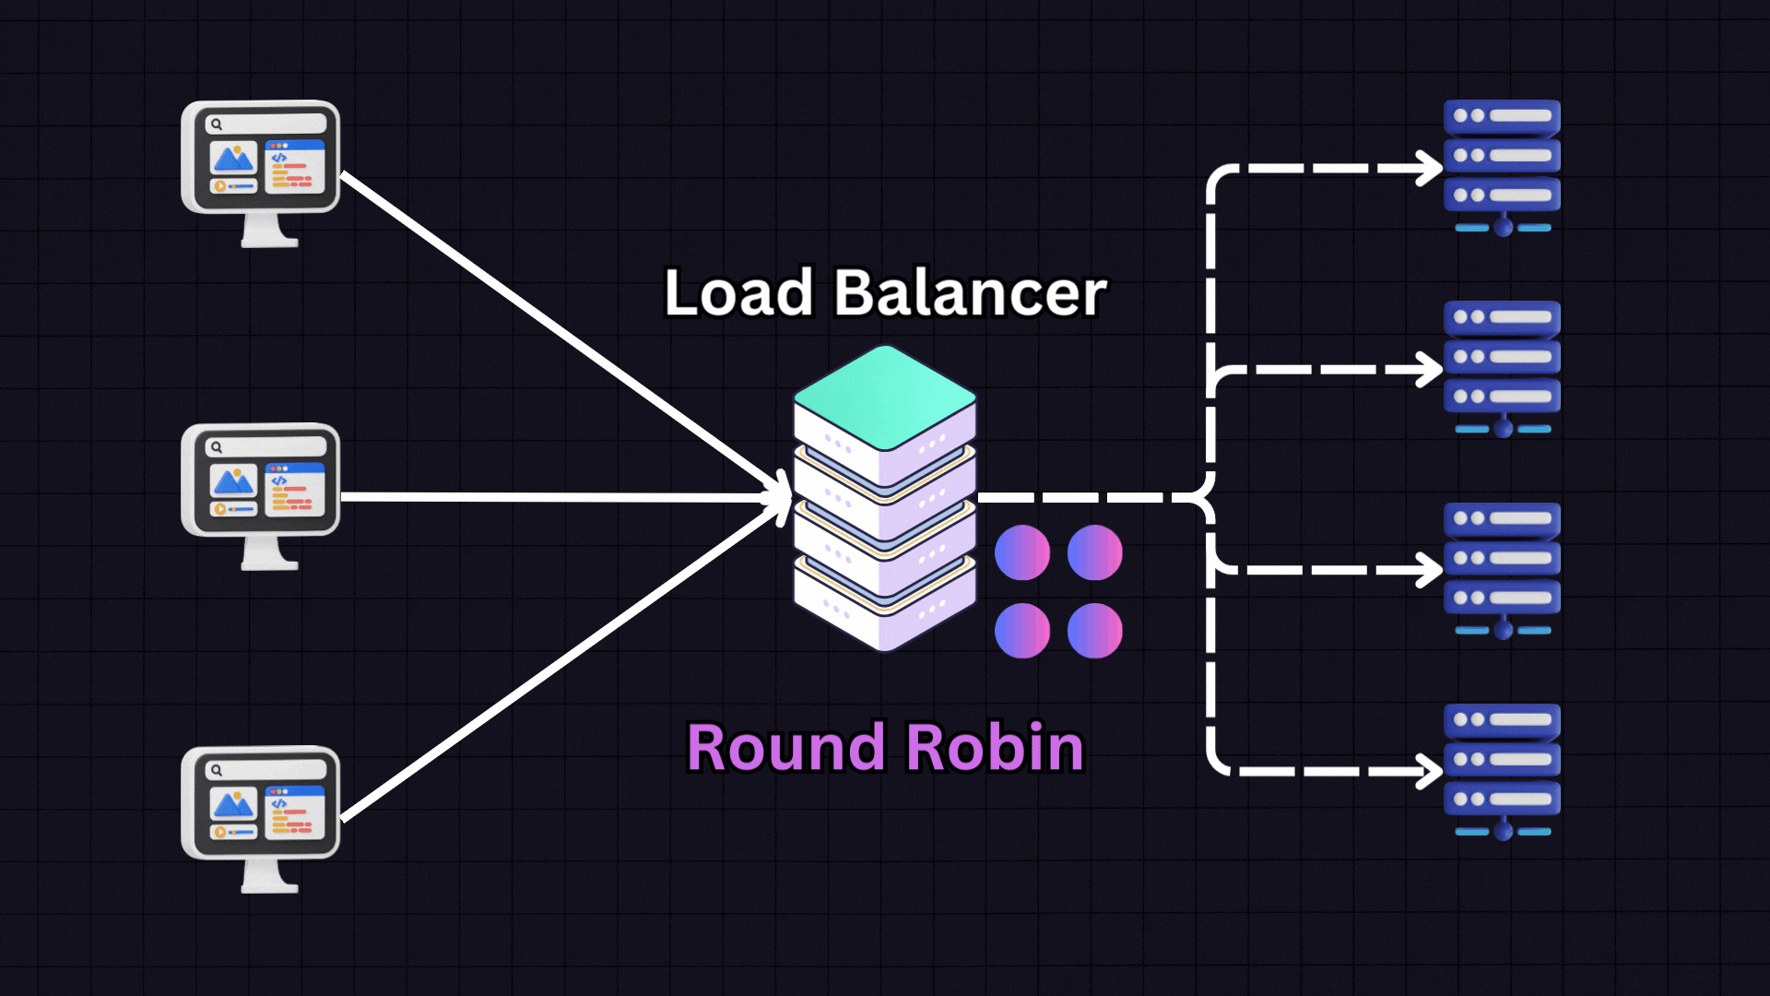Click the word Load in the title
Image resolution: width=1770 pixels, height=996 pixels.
point(737,293)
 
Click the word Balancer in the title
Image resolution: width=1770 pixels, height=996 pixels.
point(970,293)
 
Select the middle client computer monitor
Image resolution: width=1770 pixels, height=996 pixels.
point(261,481)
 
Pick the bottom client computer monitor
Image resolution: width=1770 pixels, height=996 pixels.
point(261,804)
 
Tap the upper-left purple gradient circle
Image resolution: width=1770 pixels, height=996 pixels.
point(1022,552)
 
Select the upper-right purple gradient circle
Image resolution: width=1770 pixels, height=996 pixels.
point(1095,552)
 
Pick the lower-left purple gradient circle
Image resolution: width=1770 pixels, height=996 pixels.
point(1022,631)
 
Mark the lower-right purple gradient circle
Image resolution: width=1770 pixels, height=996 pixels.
point(1095,631)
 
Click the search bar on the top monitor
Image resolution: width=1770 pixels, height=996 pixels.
point(265,124)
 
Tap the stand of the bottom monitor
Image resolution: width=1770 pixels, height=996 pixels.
point(269,876)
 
